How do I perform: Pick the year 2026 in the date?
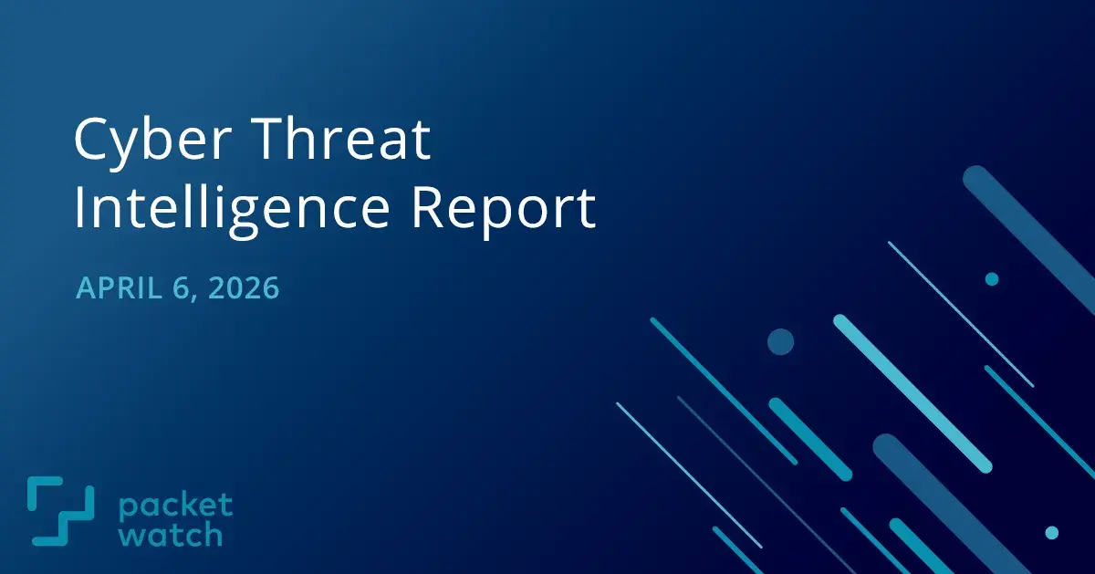244,288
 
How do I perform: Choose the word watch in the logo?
170,534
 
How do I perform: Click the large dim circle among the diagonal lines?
780,342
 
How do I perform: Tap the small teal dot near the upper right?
992,279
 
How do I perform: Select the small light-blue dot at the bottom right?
1051,532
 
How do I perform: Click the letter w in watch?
130,535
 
